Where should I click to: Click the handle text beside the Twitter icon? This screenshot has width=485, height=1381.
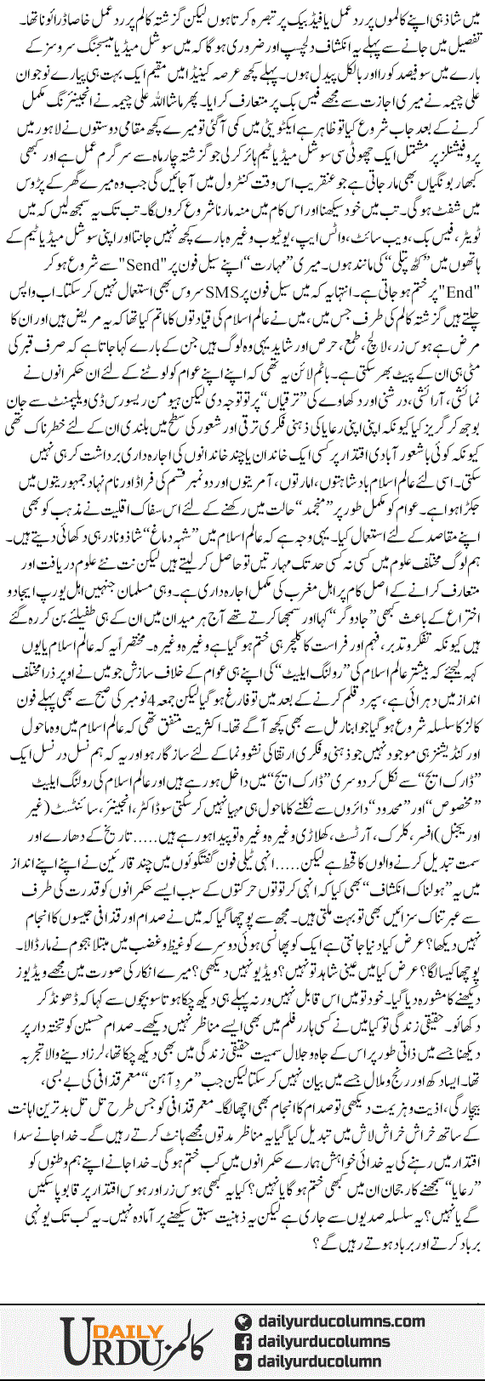[328, 1358]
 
